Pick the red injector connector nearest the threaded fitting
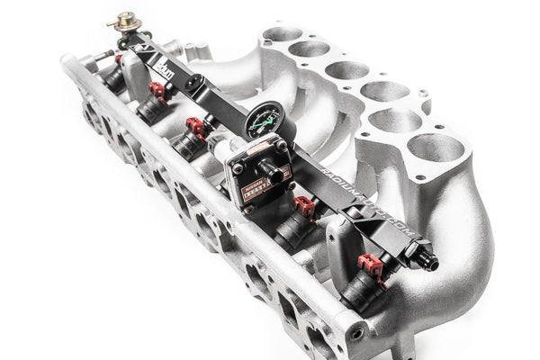(x=370, y=265)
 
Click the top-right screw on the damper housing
(x=281, y=144)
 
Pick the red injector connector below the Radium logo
(x=159, y=90)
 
